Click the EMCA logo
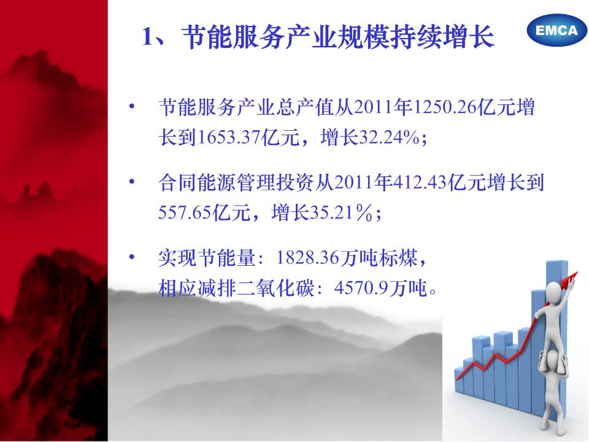[x=556, y=30]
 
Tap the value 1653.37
[x=228, y=138]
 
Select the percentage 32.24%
[x=389, y=138]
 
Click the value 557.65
[x=185, y=213]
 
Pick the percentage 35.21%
[x=341, y=213]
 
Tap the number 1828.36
[x=307, y=258]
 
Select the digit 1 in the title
[x=148, y=37]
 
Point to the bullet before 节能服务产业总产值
[x=131, y=106]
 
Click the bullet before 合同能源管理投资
[x=131, y=182]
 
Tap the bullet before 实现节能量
[x=131, y=257]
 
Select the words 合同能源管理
[x=217, y=183]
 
